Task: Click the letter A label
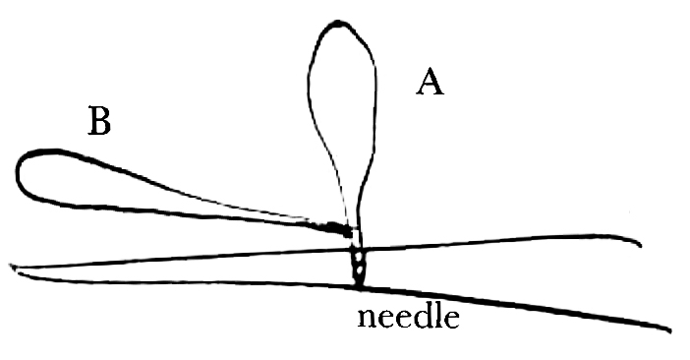tap(430, 83)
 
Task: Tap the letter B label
tap(99, 122)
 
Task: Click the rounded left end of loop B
tap(20, 173)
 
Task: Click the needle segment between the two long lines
tap(359, 265)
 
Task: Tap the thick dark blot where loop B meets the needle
tap(336, 230)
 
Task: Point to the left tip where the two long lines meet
tap(12, 267)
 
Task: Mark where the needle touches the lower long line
tap(360, 284)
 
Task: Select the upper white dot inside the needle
tap(358, 255)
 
